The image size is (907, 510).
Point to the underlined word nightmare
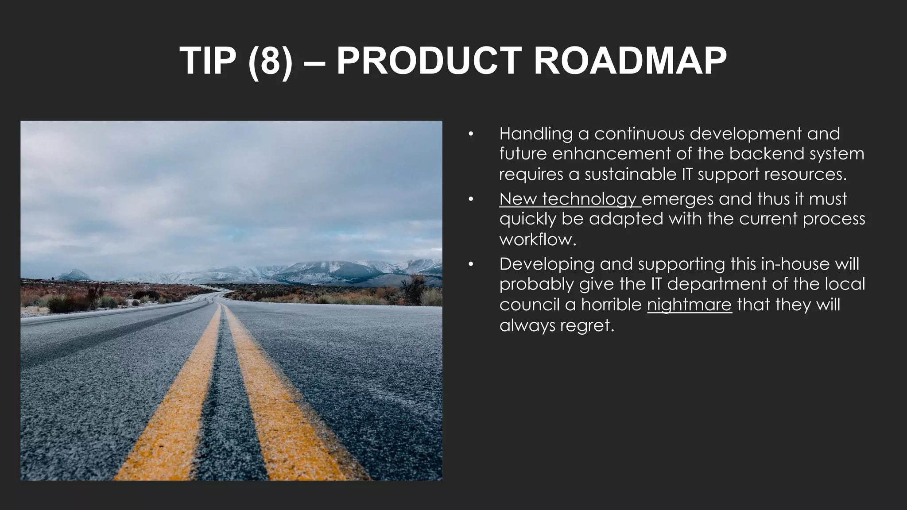click(x=689, y=305)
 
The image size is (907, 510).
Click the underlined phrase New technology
click(x=570, y=199)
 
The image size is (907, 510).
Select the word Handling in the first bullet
click(x=536, y=134)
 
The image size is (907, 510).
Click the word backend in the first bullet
click(x=767, y=154)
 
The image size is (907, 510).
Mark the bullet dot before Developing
click(x=471, y=265)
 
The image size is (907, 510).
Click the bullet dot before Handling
click(x=471, y=134)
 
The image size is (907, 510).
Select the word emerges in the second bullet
click(x=678, y=199)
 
